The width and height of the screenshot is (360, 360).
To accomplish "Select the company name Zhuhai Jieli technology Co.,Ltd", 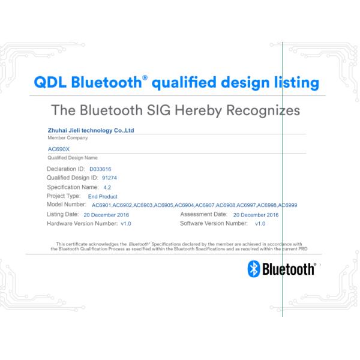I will pos(91,130).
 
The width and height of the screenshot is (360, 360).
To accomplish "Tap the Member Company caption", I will pos(63,137).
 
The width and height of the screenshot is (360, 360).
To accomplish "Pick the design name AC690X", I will pos(58,149).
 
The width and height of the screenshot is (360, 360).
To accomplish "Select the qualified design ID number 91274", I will pos(109,178).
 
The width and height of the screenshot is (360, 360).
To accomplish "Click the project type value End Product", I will pos(103,196).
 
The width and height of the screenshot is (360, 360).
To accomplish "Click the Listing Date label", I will pos(62,214).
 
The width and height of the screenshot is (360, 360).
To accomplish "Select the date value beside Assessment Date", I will pos(256,214).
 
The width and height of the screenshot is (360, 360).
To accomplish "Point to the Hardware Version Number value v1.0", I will pos(126,223).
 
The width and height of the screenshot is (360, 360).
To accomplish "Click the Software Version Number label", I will pos(213,223).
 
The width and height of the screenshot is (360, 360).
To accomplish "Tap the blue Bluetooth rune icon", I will pos(253,268).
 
